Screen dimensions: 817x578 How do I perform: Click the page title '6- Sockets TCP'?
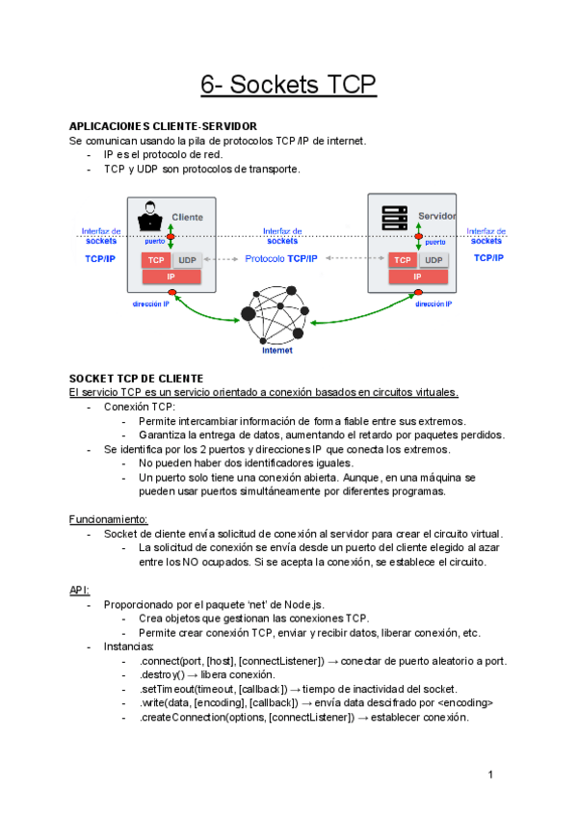click(x=288, y=85)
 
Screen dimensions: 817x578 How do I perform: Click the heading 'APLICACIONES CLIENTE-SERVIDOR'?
click(x=163, y=126)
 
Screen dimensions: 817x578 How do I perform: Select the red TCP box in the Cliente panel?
click(x=156, y=260)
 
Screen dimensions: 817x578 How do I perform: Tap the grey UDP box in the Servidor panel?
click(x=433, y=260)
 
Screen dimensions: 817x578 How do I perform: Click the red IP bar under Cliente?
click(x=171, y=277)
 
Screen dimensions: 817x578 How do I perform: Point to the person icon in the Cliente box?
click(x=150, y=217)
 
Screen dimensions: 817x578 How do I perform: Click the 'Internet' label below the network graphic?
click(x=277, y=350)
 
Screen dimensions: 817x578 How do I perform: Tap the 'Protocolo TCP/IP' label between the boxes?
click(x=281, y=259)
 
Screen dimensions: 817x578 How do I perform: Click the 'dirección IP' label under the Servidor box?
click(x=434, y=303)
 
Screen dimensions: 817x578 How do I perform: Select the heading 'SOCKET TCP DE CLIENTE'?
click(x=136, y=379)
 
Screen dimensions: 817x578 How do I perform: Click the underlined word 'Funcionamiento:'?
click(x=108, y=519)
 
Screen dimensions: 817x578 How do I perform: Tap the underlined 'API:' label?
click(x=79, y=590)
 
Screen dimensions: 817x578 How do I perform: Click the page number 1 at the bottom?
click(x=490, y=775)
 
